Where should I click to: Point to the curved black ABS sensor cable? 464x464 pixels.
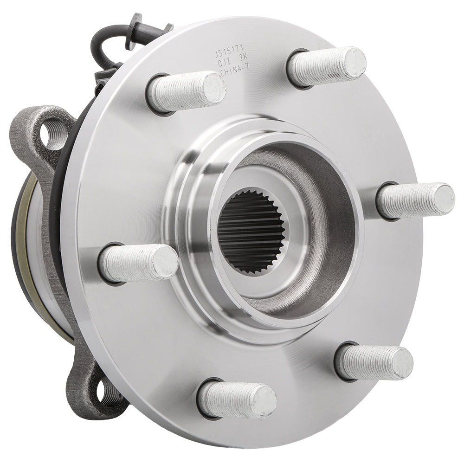tap(104, 42)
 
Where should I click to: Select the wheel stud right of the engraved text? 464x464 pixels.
tap(327, 66)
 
